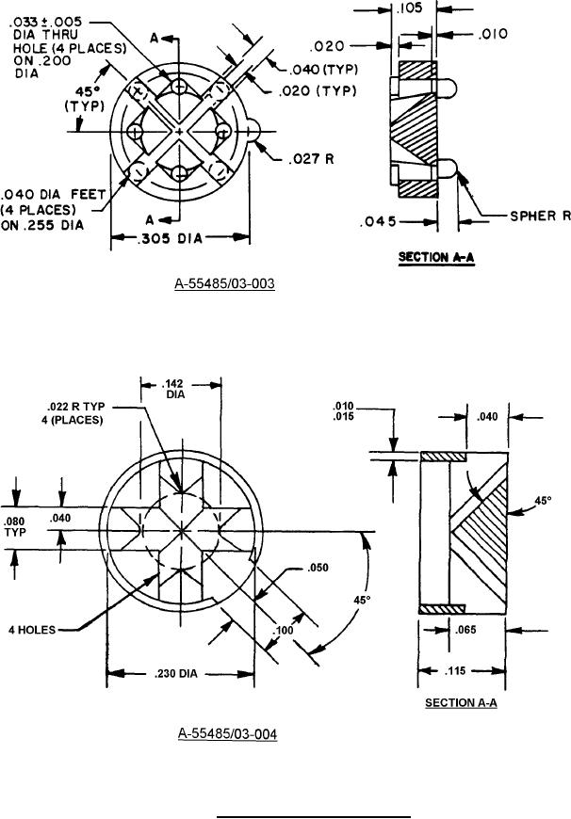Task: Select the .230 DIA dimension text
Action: [176, 672]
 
